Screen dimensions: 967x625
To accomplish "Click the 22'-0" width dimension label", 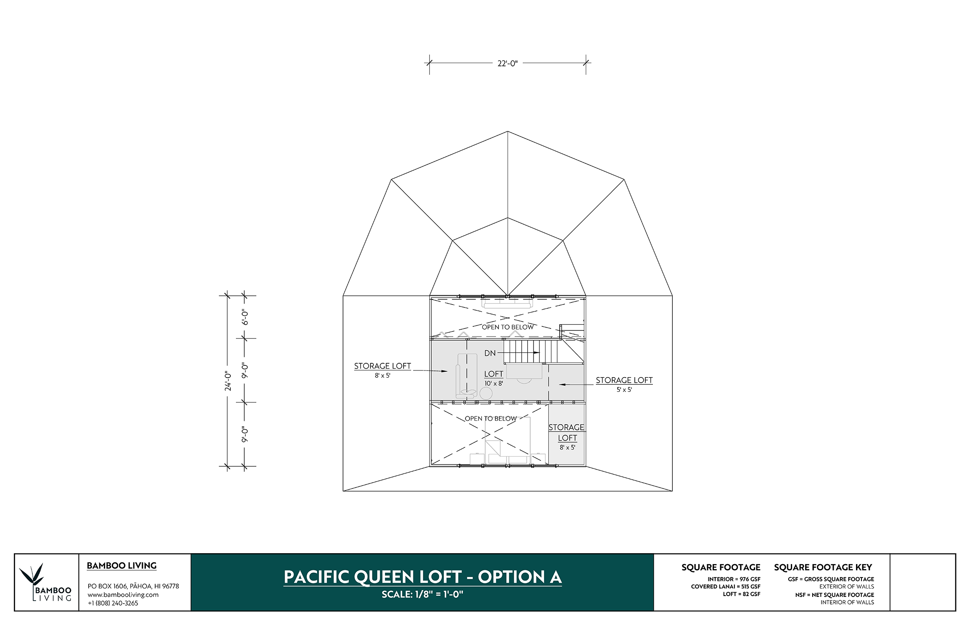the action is pyautogui.click(x=507, y=63).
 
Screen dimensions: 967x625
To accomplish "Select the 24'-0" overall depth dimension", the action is pyautogui.click(x=228, y=381).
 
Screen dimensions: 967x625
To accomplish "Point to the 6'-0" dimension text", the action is pyautogui.click(x=245, y=317).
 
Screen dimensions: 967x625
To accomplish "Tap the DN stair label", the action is pyautogui.click(x=490, y=353).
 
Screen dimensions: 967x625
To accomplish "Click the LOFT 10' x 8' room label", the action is pyautogui.click(x=494, y=378).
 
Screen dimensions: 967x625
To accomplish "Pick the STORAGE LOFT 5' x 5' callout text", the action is pyautogui.click(x=624, y=384).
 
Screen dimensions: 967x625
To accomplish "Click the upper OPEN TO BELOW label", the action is pyautogui.click(x=507, y=327).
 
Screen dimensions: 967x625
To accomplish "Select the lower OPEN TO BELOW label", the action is pyautogui.click(x=491, y=418).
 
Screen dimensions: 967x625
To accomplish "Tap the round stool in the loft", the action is pyautogui.click(x=486, y=394).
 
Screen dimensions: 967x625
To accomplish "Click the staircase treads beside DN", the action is pyautogui.click(x=531, y=352).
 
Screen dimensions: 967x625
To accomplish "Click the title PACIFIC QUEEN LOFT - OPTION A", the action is pyautogui.click(x=423, y=577).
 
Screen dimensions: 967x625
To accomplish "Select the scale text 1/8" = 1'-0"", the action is pyautogui.click(x=423, y=594).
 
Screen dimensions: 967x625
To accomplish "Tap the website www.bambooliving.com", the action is pyautogui.click(x=123, y=595).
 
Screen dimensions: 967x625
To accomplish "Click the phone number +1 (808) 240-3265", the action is pyautogui.click(x=113, y=603).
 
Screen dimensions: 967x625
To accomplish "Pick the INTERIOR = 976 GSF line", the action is pyautogui.click(x=734, y=579).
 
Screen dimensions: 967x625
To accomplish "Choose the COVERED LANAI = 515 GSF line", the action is pyautogui.click(x=726, y=587).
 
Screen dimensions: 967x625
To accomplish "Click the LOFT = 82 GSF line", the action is pyautogui.click(x=742, y=594).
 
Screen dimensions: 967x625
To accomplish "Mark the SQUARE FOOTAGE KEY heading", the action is pyautogui.click(x=823, y=567).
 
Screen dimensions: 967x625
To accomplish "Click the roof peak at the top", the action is pyautogui.click(x=507, y=131).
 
